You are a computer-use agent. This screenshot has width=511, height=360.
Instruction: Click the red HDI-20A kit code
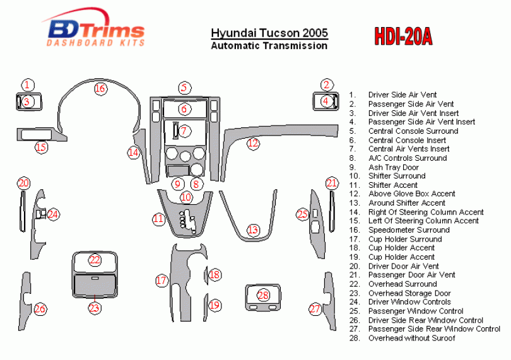(x=403, y=35)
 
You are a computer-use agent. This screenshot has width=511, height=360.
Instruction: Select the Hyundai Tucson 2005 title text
(x=269, y=33)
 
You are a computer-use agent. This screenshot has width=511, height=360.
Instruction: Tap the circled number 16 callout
(x=100, y=88)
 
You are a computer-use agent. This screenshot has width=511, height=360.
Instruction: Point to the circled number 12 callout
(x=253, y=143)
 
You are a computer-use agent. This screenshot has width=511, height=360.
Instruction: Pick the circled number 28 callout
(x=263, y=295)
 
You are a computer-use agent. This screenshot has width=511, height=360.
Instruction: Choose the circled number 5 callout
(x=184, y=87)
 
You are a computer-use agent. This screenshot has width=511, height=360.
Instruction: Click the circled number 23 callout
(x=94, y=308)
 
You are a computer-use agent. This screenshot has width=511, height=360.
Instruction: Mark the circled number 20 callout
(x=23, y=183)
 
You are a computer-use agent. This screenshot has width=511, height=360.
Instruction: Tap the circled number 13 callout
(x=252, y=229)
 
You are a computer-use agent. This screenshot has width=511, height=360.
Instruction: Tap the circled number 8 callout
(x=196, y=184)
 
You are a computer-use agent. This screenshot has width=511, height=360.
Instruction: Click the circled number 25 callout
(x=302, y=214)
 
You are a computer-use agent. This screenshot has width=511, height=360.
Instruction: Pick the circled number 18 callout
(x=214, y=275)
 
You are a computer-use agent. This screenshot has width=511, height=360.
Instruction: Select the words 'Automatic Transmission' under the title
(x=269, y=45)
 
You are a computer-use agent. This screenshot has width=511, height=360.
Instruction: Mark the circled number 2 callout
(x=326, y=84)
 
